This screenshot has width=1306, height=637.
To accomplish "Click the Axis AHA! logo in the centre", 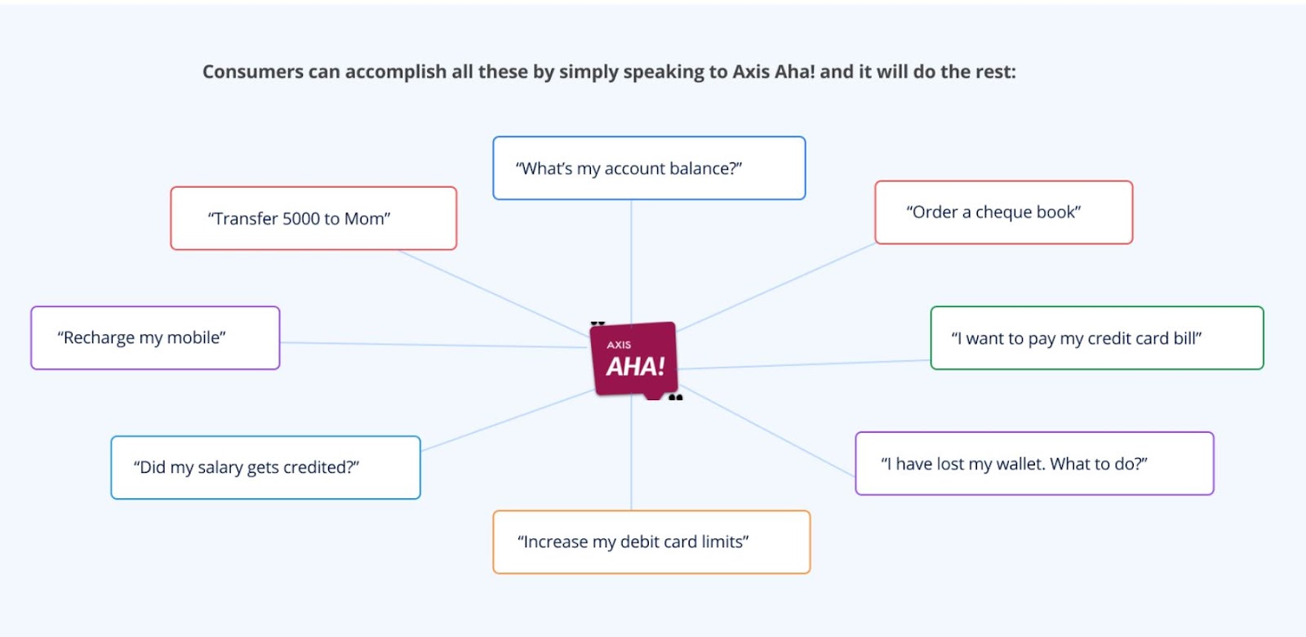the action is [x=634, y=360].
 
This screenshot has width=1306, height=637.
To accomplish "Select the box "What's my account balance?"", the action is [x=649, y=168].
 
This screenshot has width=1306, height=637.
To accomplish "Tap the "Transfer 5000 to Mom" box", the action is [x=313, y=218].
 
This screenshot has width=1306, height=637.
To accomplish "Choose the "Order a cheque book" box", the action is [x=1003, y=212].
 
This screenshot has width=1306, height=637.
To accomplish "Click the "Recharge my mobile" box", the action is [x=155, y=338].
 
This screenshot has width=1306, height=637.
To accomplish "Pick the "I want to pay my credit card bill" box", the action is [x=1097, y=338].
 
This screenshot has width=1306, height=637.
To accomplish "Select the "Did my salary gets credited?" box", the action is [x=265, y=467].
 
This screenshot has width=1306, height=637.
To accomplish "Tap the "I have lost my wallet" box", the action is [x=1034, y=464].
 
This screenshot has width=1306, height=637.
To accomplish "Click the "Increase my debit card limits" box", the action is [x=651, y=542].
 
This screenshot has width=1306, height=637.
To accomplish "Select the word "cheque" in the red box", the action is [x=1000, y=212].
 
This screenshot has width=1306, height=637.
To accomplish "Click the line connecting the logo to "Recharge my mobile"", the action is [x=433, y=345].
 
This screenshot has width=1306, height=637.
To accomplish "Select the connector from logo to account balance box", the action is [x=632, y=261].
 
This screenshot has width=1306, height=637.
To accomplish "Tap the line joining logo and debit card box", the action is [x=632, y=455].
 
